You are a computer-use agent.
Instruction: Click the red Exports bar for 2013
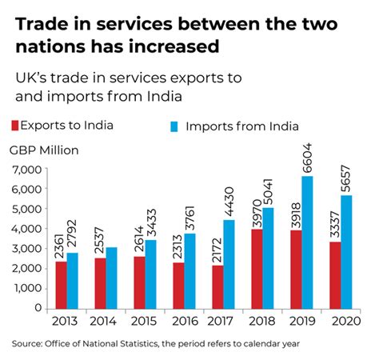61,284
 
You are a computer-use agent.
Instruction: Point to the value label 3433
150,218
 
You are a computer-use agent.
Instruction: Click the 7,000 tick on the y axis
28,170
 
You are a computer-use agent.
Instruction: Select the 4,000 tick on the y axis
28,229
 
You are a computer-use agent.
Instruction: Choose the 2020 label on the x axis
343,322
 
